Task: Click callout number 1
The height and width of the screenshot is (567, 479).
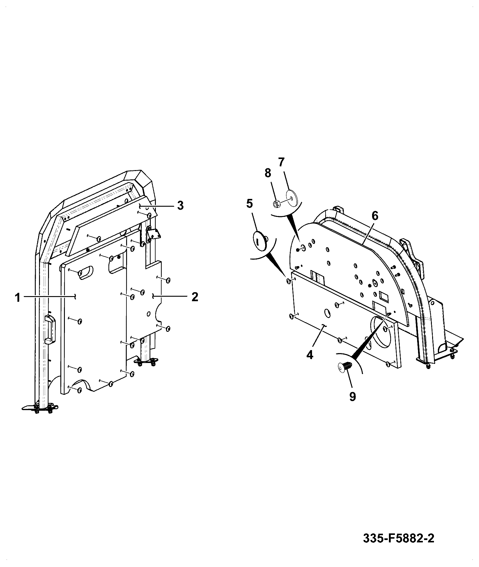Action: click(18, 298)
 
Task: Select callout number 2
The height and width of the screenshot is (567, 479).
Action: click(195, 297)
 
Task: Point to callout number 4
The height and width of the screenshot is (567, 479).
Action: click(310, 355)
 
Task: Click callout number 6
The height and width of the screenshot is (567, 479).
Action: click(375, 216)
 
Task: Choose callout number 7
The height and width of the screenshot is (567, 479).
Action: click(281, 162)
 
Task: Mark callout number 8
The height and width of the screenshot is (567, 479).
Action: click(268, 173)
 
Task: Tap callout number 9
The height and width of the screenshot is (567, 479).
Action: click(353, 397)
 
